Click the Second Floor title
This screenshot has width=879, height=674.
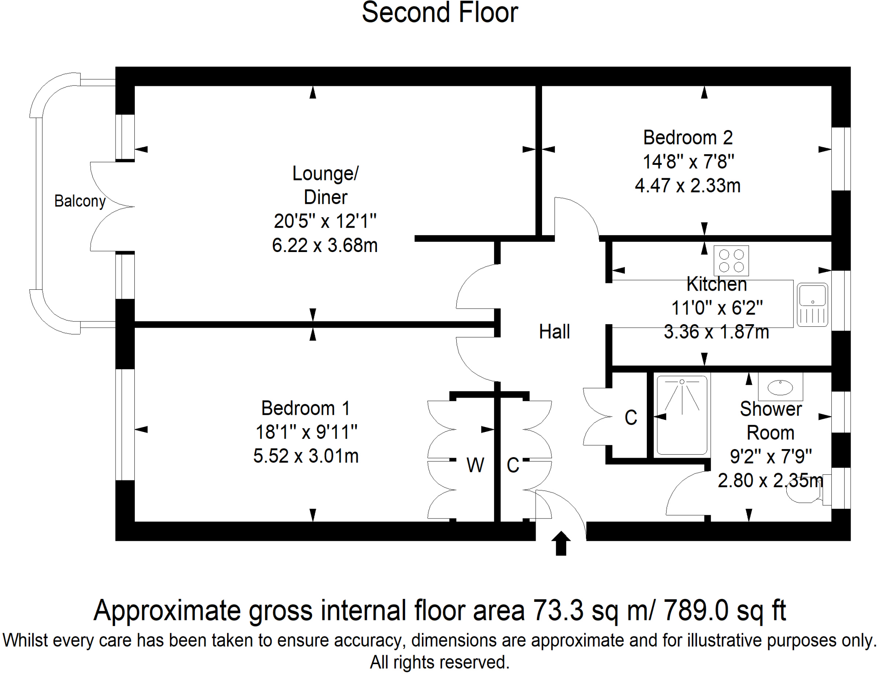pyautogui.click(x=439, y=13)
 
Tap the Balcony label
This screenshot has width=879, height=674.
pyautogui.click(x=80, y=201)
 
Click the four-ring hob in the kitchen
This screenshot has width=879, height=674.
pyautogui.click(x=731, y=261)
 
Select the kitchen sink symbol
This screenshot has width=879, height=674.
pyautogui.click(x=812, y=305)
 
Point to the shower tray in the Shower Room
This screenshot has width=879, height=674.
pyautogui.click(x=682, y=415)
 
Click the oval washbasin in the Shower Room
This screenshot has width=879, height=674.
pyautogui.click(x=780, y=387)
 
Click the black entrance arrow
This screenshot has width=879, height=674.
pyautogui.click(x=561, y=543)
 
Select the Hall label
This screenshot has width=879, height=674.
pyautogui.click(x=554, y=332)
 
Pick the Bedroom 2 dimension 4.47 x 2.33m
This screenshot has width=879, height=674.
pyautogui.click(x=688, y=186)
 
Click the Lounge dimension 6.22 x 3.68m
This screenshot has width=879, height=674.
pyautogui.click(x=325, y=246)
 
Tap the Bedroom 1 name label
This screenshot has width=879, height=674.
pyautogui.click(x=306, y=408)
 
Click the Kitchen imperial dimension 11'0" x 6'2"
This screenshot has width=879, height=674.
pyautogui.click(x=717, y=308)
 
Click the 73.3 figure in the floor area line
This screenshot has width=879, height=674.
pyautogui.click(x=558, y=610)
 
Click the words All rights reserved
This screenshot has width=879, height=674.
pyautogui.click(x=439, y=662)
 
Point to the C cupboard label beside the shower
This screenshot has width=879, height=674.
pyautogui.click(x=630, y=418)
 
